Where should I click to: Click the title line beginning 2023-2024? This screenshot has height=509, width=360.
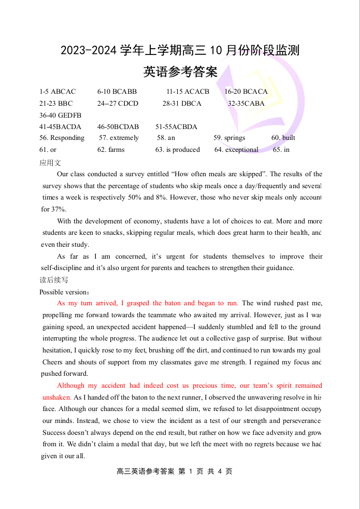[180, 51]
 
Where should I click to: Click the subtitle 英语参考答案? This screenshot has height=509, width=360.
[180, 72]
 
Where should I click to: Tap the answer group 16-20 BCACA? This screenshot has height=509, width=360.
[246, 92]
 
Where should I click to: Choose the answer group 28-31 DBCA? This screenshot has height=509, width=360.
[182, 104]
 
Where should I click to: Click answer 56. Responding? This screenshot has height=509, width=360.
[62, 138]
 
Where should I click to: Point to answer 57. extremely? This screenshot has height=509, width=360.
[119, 138]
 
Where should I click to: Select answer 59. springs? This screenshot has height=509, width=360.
[229, 138]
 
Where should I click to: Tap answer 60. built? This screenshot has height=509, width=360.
[283, 138]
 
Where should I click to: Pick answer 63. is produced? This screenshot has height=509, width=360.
[177, 150]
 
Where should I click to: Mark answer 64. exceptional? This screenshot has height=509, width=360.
[236, 150]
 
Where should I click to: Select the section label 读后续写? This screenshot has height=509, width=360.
[54, 280]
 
